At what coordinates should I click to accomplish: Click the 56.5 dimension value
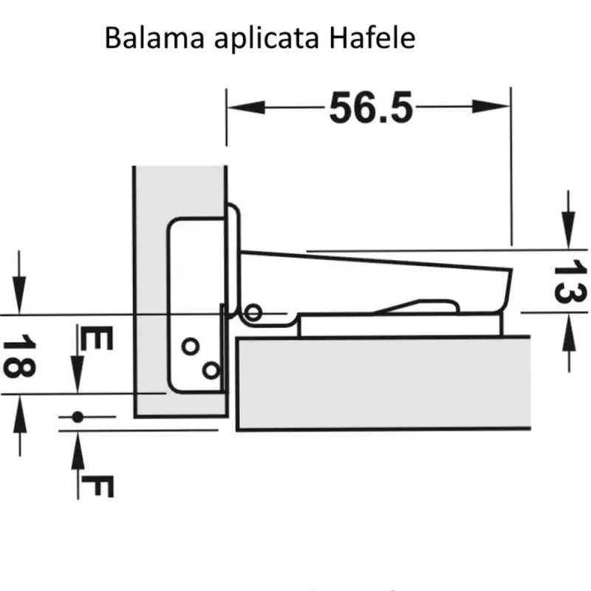[x=369, y=108]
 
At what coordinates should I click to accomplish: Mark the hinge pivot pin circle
[x=253, y=313]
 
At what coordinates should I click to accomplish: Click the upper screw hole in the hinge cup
[x=190, y=345]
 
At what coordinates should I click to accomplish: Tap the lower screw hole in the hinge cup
[x=211, y=368]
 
